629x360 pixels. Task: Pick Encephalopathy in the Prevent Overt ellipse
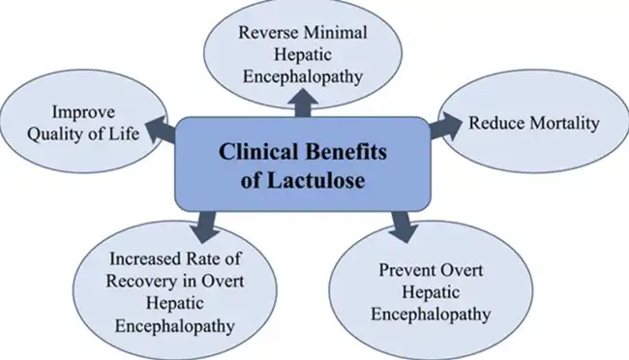coord(425,315)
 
